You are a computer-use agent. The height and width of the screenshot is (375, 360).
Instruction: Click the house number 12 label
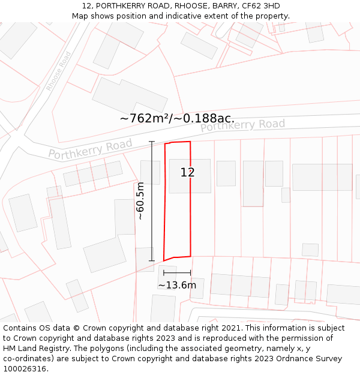(187, 173)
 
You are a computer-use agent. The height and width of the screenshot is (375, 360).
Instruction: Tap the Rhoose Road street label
(59, 71)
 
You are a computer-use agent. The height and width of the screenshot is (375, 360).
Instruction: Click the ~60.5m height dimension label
(140, 201)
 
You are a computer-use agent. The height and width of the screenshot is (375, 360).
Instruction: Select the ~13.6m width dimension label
(177, 285)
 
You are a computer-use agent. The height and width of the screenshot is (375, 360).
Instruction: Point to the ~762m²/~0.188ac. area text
(177, 118)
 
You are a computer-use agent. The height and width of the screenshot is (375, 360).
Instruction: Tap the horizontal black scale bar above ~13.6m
(177, 273)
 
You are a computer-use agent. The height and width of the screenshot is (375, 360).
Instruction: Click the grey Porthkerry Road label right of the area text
(242, 125)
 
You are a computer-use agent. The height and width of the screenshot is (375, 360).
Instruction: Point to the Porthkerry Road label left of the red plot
(90, 149)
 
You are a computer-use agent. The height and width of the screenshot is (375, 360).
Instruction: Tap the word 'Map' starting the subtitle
(80, 16)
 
